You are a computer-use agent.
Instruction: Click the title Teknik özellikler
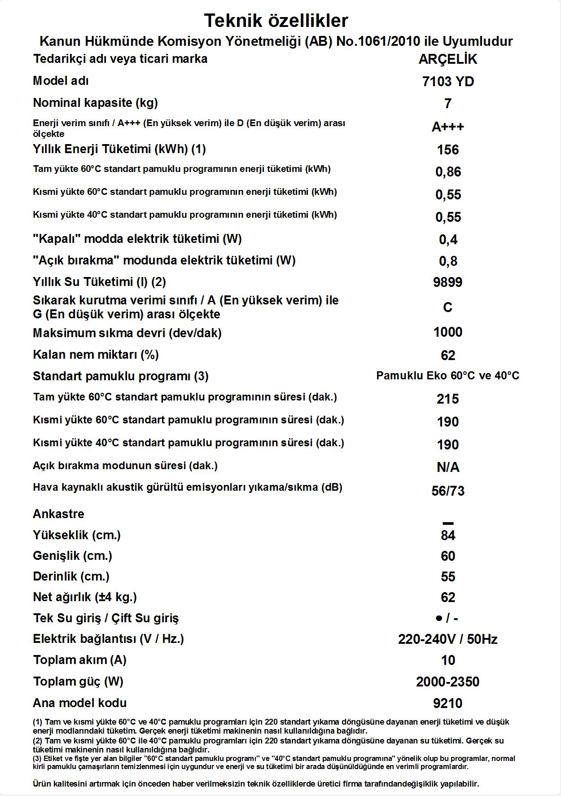click(276, 21)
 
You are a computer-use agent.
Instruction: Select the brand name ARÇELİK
click(447, 59)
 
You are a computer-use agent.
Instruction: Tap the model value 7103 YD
click(448, 82)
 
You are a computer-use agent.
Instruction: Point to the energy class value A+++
click(447, 127)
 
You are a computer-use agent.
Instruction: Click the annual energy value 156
click(447, 150)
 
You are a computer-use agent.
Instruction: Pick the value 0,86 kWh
click(448, 172)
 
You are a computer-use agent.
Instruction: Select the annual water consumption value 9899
click(447, 282)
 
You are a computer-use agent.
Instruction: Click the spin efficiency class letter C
click(447, 308)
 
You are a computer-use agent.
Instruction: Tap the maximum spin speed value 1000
click(447, 332)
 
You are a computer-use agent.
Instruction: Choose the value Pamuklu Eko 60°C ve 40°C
click(447, 376)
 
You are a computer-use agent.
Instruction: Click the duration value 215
click(447, 399)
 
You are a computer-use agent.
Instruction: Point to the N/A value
click(447, 468)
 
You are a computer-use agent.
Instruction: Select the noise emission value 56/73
click(447, 491)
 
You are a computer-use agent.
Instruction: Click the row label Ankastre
click(58, 514)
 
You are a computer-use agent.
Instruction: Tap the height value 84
click(447, 536)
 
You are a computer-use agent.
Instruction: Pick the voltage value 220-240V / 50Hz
click(447, 639)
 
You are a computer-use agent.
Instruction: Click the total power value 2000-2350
click(447, 682)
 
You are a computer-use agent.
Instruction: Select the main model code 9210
click(447, 704)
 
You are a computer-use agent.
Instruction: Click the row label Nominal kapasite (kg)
click(95, 103)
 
